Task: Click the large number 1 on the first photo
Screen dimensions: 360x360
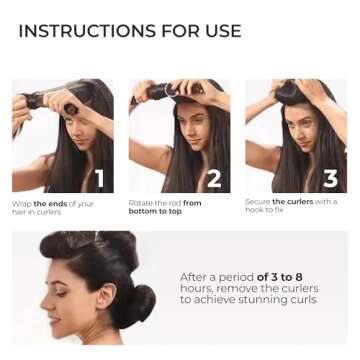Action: point(98,178)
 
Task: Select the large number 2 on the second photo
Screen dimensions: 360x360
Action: point(213,178)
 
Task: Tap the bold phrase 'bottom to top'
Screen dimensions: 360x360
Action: point(155,211)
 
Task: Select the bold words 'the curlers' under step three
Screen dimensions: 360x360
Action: point(292,201)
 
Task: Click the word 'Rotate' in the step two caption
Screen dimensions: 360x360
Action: point(140,203)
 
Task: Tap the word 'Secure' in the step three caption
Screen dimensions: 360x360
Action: point(257,201)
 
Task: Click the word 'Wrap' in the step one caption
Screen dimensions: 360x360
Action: point(21,203)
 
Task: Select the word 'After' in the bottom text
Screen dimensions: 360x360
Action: point(193,277)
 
